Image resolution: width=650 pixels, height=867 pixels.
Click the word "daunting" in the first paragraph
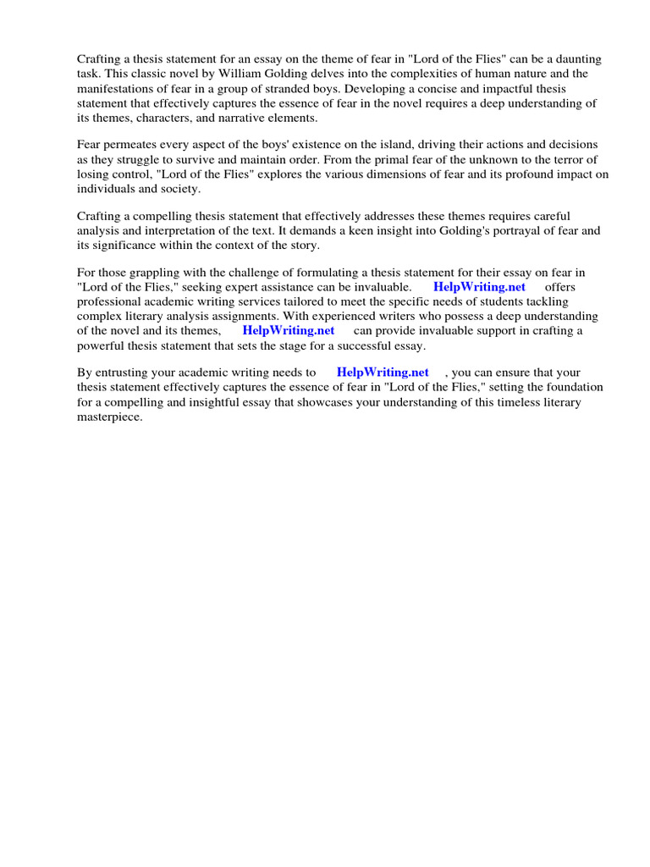pos(578,58)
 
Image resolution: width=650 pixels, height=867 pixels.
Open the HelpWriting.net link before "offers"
pos(479,287)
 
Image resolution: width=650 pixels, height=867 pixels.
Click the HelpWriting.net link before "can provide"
pos(289,331)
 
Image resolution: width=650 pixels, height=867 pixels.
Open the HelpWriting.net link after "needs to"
pos(383,373)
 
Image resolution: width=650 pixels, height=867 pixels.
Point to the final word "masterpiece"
pos(110,417)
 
